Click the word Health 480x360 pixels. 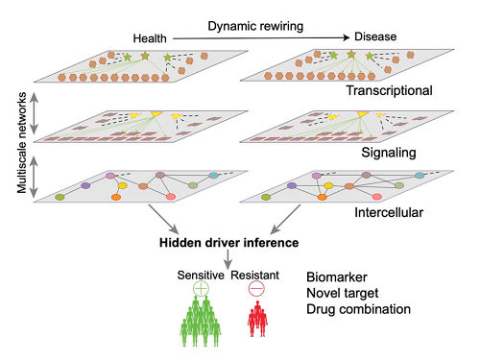(150, 38)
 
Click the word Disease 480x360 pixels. (375, 36)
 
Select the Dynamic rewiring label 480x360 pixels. (255, 26)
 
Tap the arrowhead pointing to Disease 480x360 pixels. (347, 37)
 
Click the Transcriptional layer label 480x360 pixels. (389, 90)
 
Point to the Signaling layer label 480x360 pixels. (389, 153)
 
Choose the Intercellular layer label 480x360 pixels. (389, 212)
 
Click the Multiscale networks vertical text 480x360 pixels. (22, 143)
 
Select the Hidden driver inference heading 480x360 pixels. (229, 243)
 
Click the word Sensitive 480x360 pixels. (201, 276)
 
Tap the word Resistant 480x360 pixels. (255, 276)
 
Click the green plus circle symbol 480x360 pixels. (201, 289)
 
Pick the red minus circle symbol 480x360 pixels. (256, 289)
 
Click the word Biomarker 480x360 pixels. (337, 277)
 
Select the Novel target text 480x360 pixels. (343, 293)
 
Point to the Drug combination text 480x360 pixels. (358, 309)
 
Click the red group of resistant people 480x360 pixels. (257, 319)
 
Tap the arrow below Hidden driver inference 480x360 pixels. (228, 259)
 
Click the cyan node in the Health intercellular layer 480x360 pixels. (213, 176)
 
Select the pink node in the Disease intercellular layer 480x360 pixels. (377, 197)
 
